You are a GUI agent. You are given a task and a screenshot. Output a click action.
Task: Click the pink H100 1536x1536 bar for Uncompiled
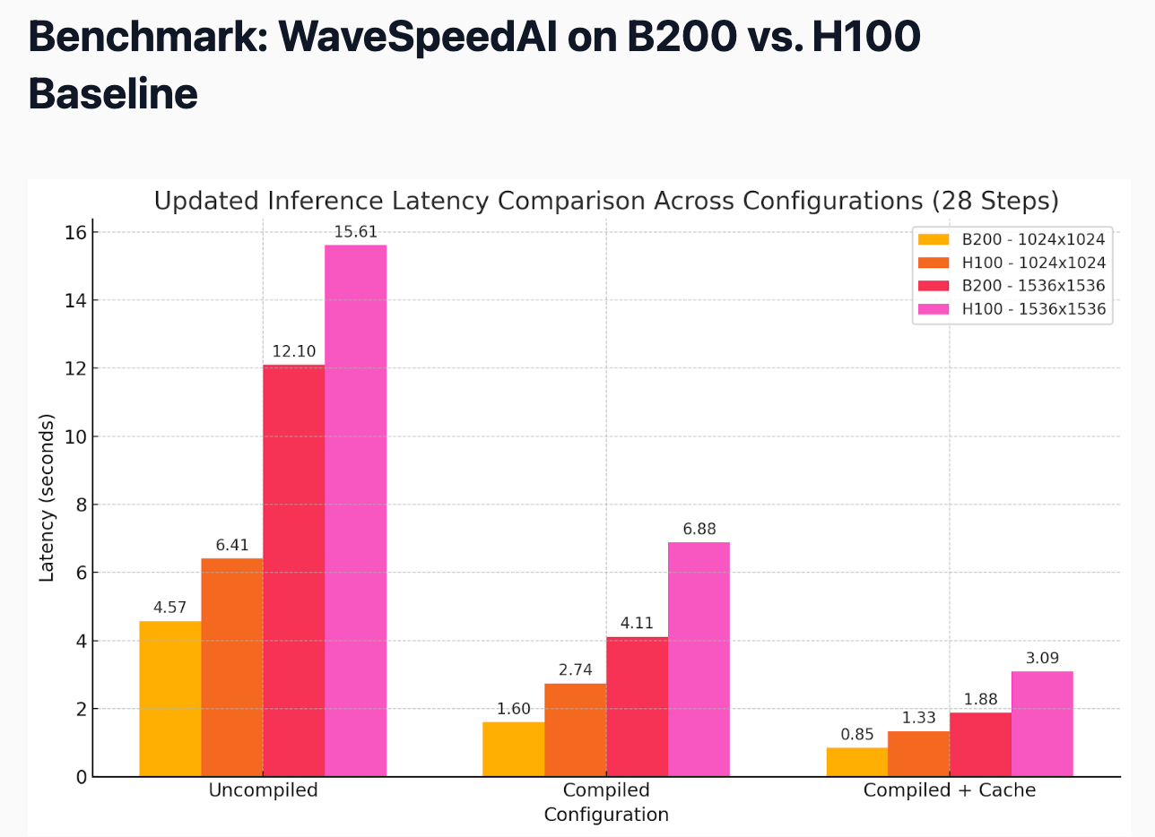coord(355,511)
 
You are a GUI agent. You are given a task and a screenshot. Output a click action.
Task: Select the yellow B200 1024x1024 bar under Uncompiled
coord(170,699)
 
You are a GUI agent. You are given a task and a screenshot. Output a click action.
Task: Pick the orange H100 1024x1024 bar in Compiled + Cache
coord(918,754)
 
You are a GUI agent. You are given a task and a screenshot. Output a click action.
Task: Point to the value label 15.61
coord(355,231)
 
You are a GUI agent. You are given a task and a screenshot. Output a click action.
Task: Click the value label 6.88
coord(699,529)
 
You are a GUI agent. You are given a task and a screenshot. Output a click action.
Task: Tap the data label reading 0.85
coord(857,735)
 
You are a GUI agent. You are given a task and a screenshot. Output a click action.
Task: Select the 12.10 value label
coord(294,351)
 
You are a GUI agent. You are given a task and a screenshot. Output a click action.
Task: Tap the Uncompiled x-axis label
coord(263,790)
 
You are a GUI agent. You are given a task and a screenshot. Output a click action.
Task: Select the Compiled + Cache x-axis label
coord(950,790)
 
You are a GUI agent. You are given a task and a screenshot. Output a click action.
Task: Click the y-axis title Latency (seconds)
coord(48,497)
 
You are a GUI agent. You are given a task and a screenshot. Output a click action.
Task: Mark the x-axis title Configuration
coord(606,815)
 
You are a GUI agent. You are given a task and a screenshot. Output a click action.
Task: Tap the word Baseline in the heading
coord(114,93)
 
